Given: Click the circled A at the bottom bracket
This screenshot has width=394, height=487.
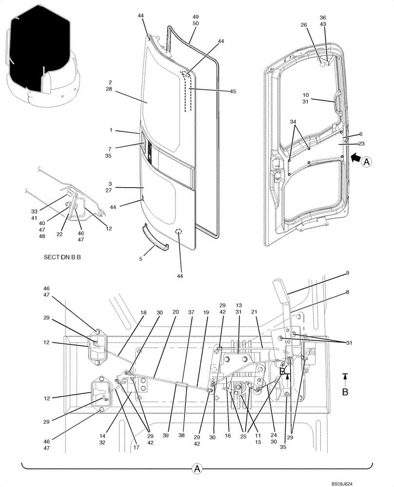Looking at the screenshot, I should [x=197, y=468].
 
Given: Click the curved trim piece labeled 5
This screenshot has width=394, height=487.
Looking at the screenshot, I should [x=155, y=238].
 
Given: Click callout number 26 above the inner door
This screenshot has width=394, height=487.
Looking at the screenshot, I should [x=304, y=25].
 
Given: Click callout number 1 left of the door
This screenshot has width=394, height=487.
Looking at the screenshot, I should [x=111, y=131].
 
